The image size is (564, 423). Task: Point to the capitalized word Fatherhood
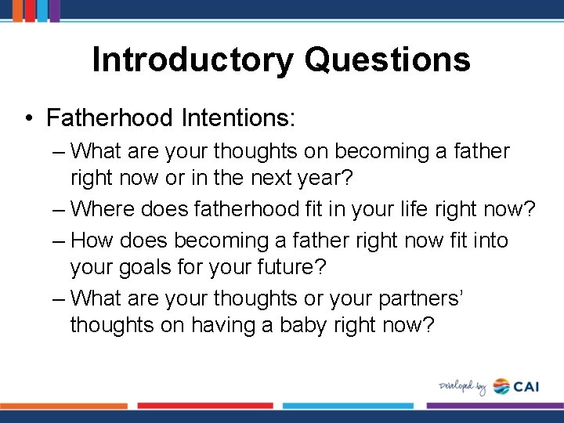pos(110,118)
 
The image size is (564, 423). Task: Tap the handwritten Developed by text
pos(462,386)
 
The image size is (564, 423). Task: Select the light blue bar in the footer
pos(349,406)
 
